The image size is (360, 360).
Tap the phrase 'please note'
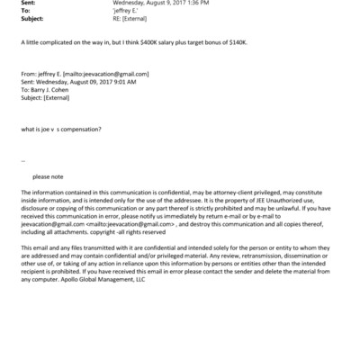pyautogui.click(x=49, y=177)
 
